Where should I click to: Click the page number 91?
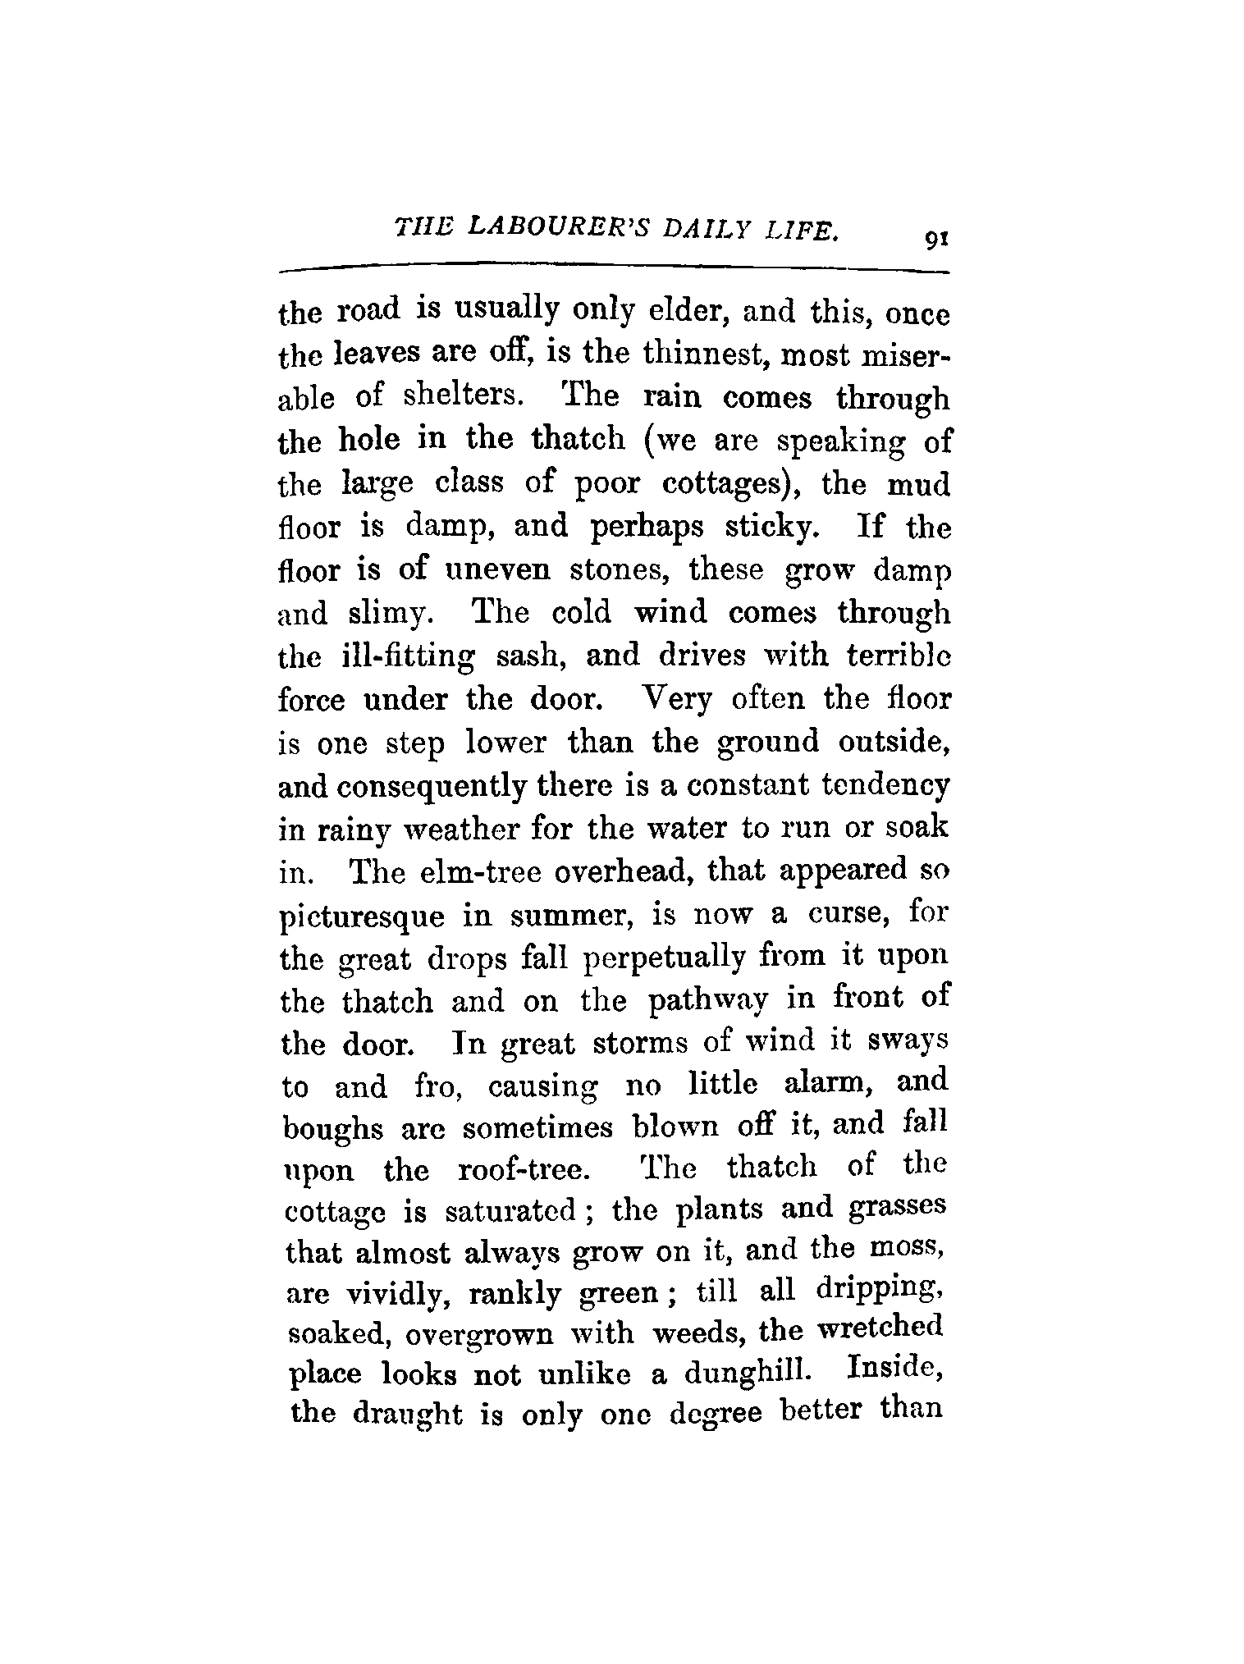click(935, 240)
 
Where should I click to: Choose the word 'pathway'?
click(708, 1002)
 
